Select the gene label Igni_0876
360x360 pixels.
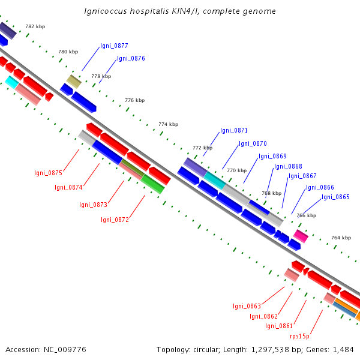(x=131, y=58)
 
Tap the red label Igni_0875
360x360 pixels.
(x=48, y=173)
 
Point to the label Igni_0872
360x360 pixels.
(x=115, y=220)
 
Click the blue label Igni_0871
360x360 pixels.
(x=233, y=130)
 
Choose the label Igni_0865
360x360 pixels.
(x=335, y=197)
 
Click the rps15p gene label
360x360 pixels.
(x=299, y=337)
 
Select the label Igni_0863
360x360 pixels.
(x=247, y=306)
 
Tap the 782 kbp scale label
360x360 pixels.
(x=35, y=26)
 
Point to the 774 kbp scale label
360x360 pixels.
(x=168, y=124)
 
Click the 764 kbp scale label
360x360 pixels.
(x=341, y=238)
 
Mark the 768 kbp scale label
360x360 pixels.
(x=271, y=193)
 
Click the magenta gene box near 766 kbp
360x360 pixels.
(x=301, y=236)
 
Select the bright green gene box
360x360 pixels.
(x=153, y=184)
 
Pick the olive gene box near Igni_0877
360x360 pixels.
(x=73, y=81)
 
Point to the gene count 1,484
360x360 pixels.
(x=342, y=349)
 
